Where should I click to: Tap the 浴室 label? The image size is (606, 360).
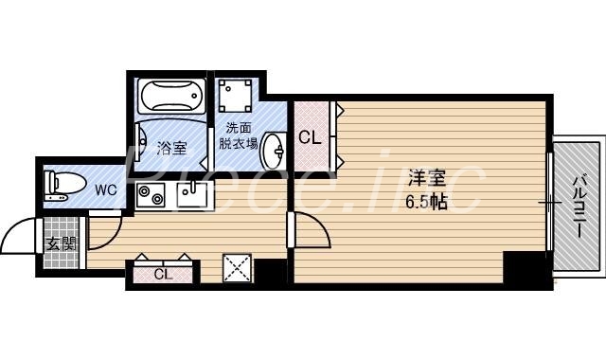click(171, 148)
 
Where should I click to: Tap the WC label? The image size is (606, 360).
click(105, 189)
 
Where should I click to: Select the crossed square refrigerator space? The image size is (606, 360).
click(237, 268)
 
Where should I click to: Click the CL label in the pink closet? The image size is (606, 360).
click(310, 136)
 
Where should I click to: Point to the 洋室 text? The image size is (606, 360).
click(422, 177)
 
